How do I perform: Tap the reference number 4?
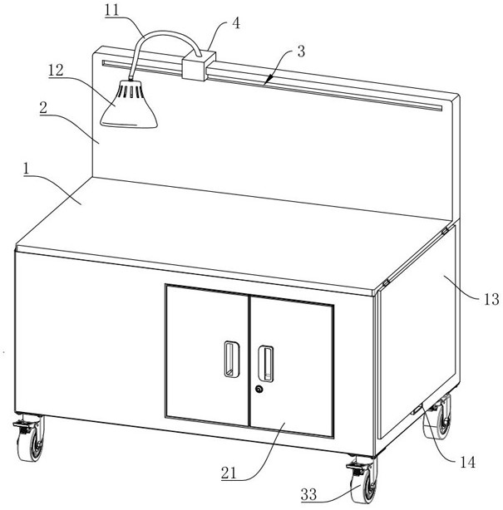click(236, 22)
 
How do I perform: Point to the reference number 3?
click(300, 51)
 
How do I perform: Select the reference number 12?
click(57, 73)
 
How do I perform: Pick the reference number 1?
click(28, 169)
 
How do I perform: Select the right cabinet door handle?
click(267, 359)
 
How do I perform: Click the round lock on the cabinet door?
click(259, 390)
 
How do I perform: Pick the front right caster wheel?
click(362, 484)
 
